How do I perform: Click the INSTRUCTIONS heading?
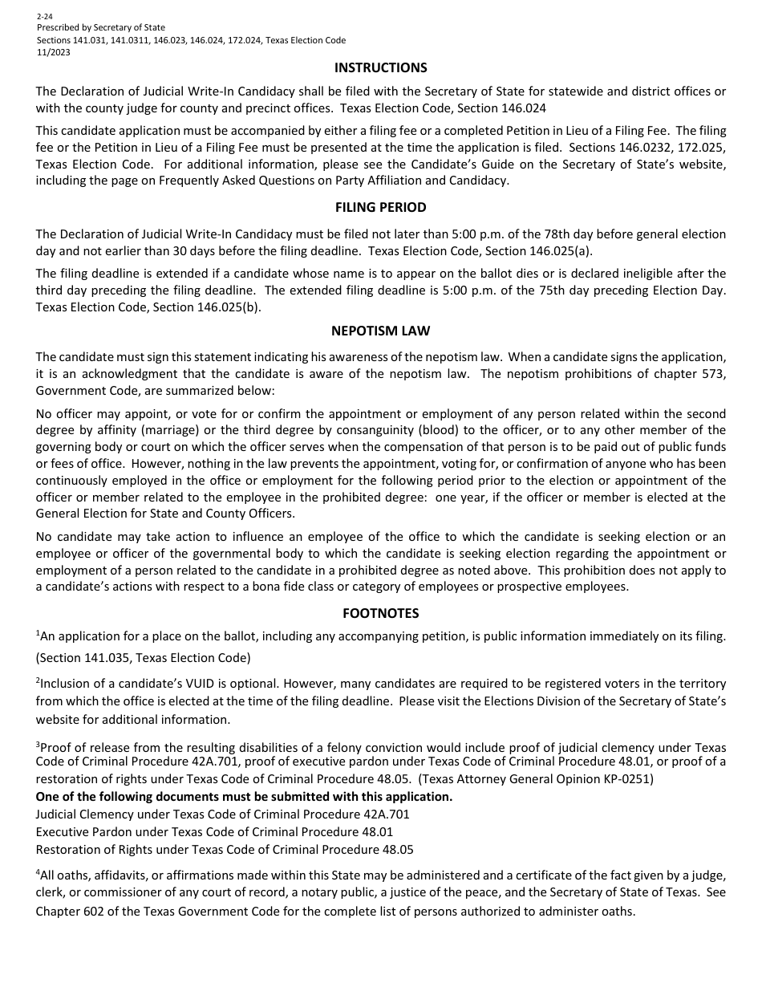[x=380, y=67]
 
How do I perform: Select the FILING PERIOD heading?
[x=380, y=207]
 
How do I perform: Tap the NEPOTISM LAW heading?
[x=380, y=331]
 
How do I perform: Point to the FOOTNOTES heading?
[x=380, y=613]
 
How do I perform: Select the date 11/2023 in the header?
[x=53, y=52]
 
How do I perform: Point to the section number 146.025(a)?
[x=557, y=250]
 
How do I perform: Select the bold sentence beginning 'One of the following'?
[x=244, y=797]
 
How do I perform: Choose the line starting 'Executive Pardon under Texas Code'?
[x=214, y=832]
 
